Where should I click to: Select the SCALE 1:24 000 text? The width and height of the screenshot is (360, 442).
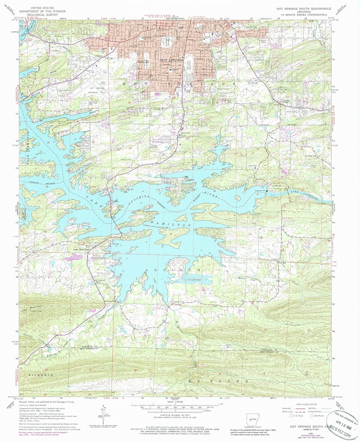[175, 402]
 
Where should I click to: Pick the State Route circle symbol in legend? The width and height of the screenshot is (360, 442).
[312, 416]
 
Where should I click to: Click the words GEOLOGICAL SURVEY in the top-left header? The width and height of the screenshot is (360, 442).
[39, 14]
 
